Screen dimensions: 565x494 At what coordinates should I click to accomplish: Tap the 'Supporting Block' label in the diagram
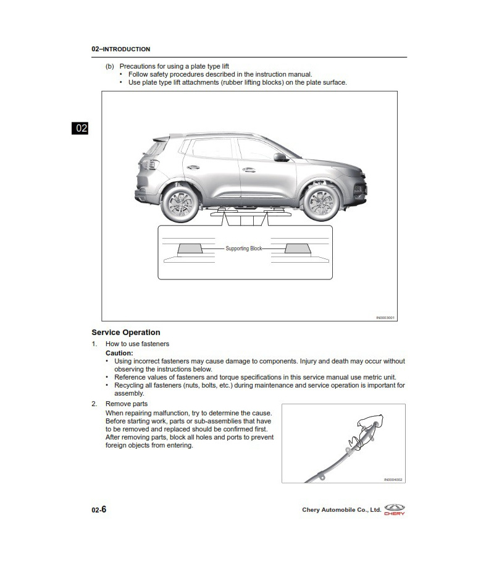pos(244,249)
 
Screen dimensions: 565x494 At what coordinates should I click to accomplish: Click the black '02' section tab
pos(81,129)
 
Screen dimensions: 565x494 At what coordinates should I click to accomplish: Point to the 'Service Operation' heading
pos(125,333)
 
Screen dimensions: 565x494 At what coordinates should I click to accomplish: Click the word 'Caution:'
pos(119,353)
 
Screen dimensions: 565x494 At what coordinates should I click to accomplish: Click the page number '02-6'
pos(99,509)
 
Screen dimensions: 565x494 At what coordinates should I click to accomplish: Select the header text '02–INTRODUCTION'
pos(120,49)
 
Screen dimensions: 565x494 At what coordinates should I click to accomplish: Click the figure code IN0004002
pos(393,479)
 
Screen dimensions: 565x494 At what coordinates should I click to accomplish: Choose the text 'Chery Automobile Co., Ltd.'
pos(341,510)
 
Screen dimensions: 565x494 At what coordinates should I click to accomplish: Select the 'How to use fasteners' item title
pos(137,344)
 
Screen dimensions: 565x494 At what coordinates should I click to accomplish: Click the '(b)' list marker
pos(110,66)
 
